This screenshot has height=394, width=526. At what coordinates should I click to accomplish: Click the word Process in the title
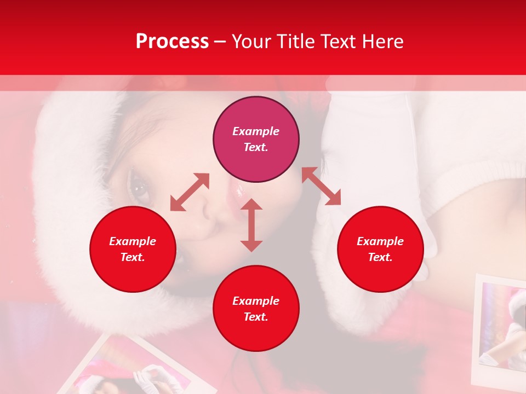click(172, 42)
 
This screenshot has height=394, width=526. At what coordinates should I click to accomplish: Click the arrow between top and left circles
click(190, 192)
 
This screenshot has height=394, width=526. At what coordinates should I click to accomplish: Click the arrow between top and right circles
click(321, 186)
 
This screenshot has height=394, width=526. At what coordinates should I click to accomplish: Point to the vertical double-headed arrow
click(251, 225)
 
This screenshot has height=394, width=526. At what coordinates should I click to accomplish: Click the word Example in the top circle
click(256, 131)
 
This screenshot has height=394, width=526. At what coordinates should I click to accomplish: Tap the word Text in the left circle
click(132, 257)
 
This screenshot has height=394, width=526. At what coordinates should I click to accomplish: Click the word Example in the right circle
click(380, 241)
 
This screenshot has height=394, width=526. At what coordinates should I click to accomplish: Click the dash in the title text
click(220, 42)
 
